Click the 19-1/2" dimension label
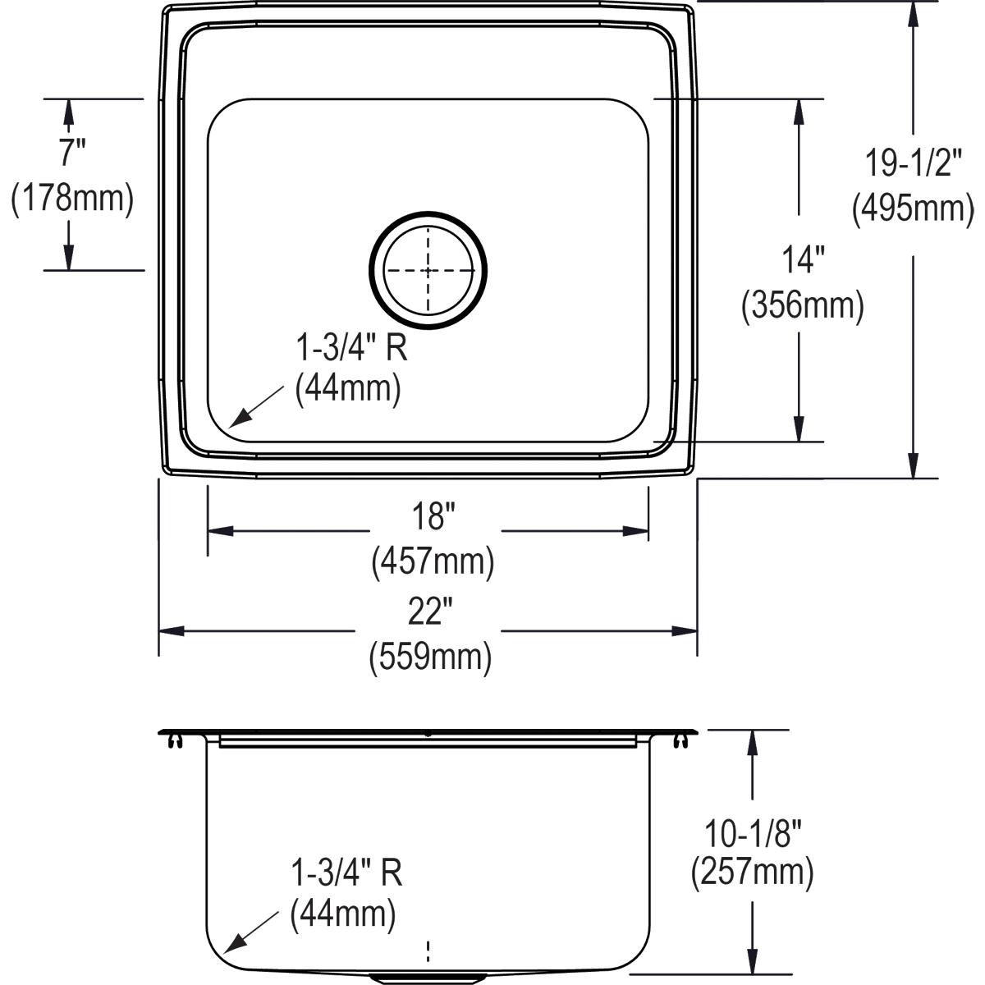click(x=912, y=163)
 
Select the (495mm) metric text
click(x=912, y=208)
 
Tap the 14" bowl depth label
click(x=802, y=261)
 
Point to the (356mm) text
click(x=802, y=306)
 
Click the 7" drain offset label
click(x=72, y=153)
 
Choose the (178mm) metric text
click(x=72, y=199)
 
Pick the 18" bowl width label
click(x=433, y=517)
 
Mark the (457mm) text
click(x=433, y=562)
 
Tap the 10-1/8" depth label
click(x=752, y=834)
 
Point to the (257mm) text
click(x=752, y=873)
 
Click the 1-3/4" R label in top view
click(x=351, y=350)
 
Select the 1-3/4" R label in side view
click(x=346, y=873)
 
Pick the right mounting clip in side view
click(x=680, y=741)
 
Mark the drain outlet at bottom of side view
click(x=428, y=978)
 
